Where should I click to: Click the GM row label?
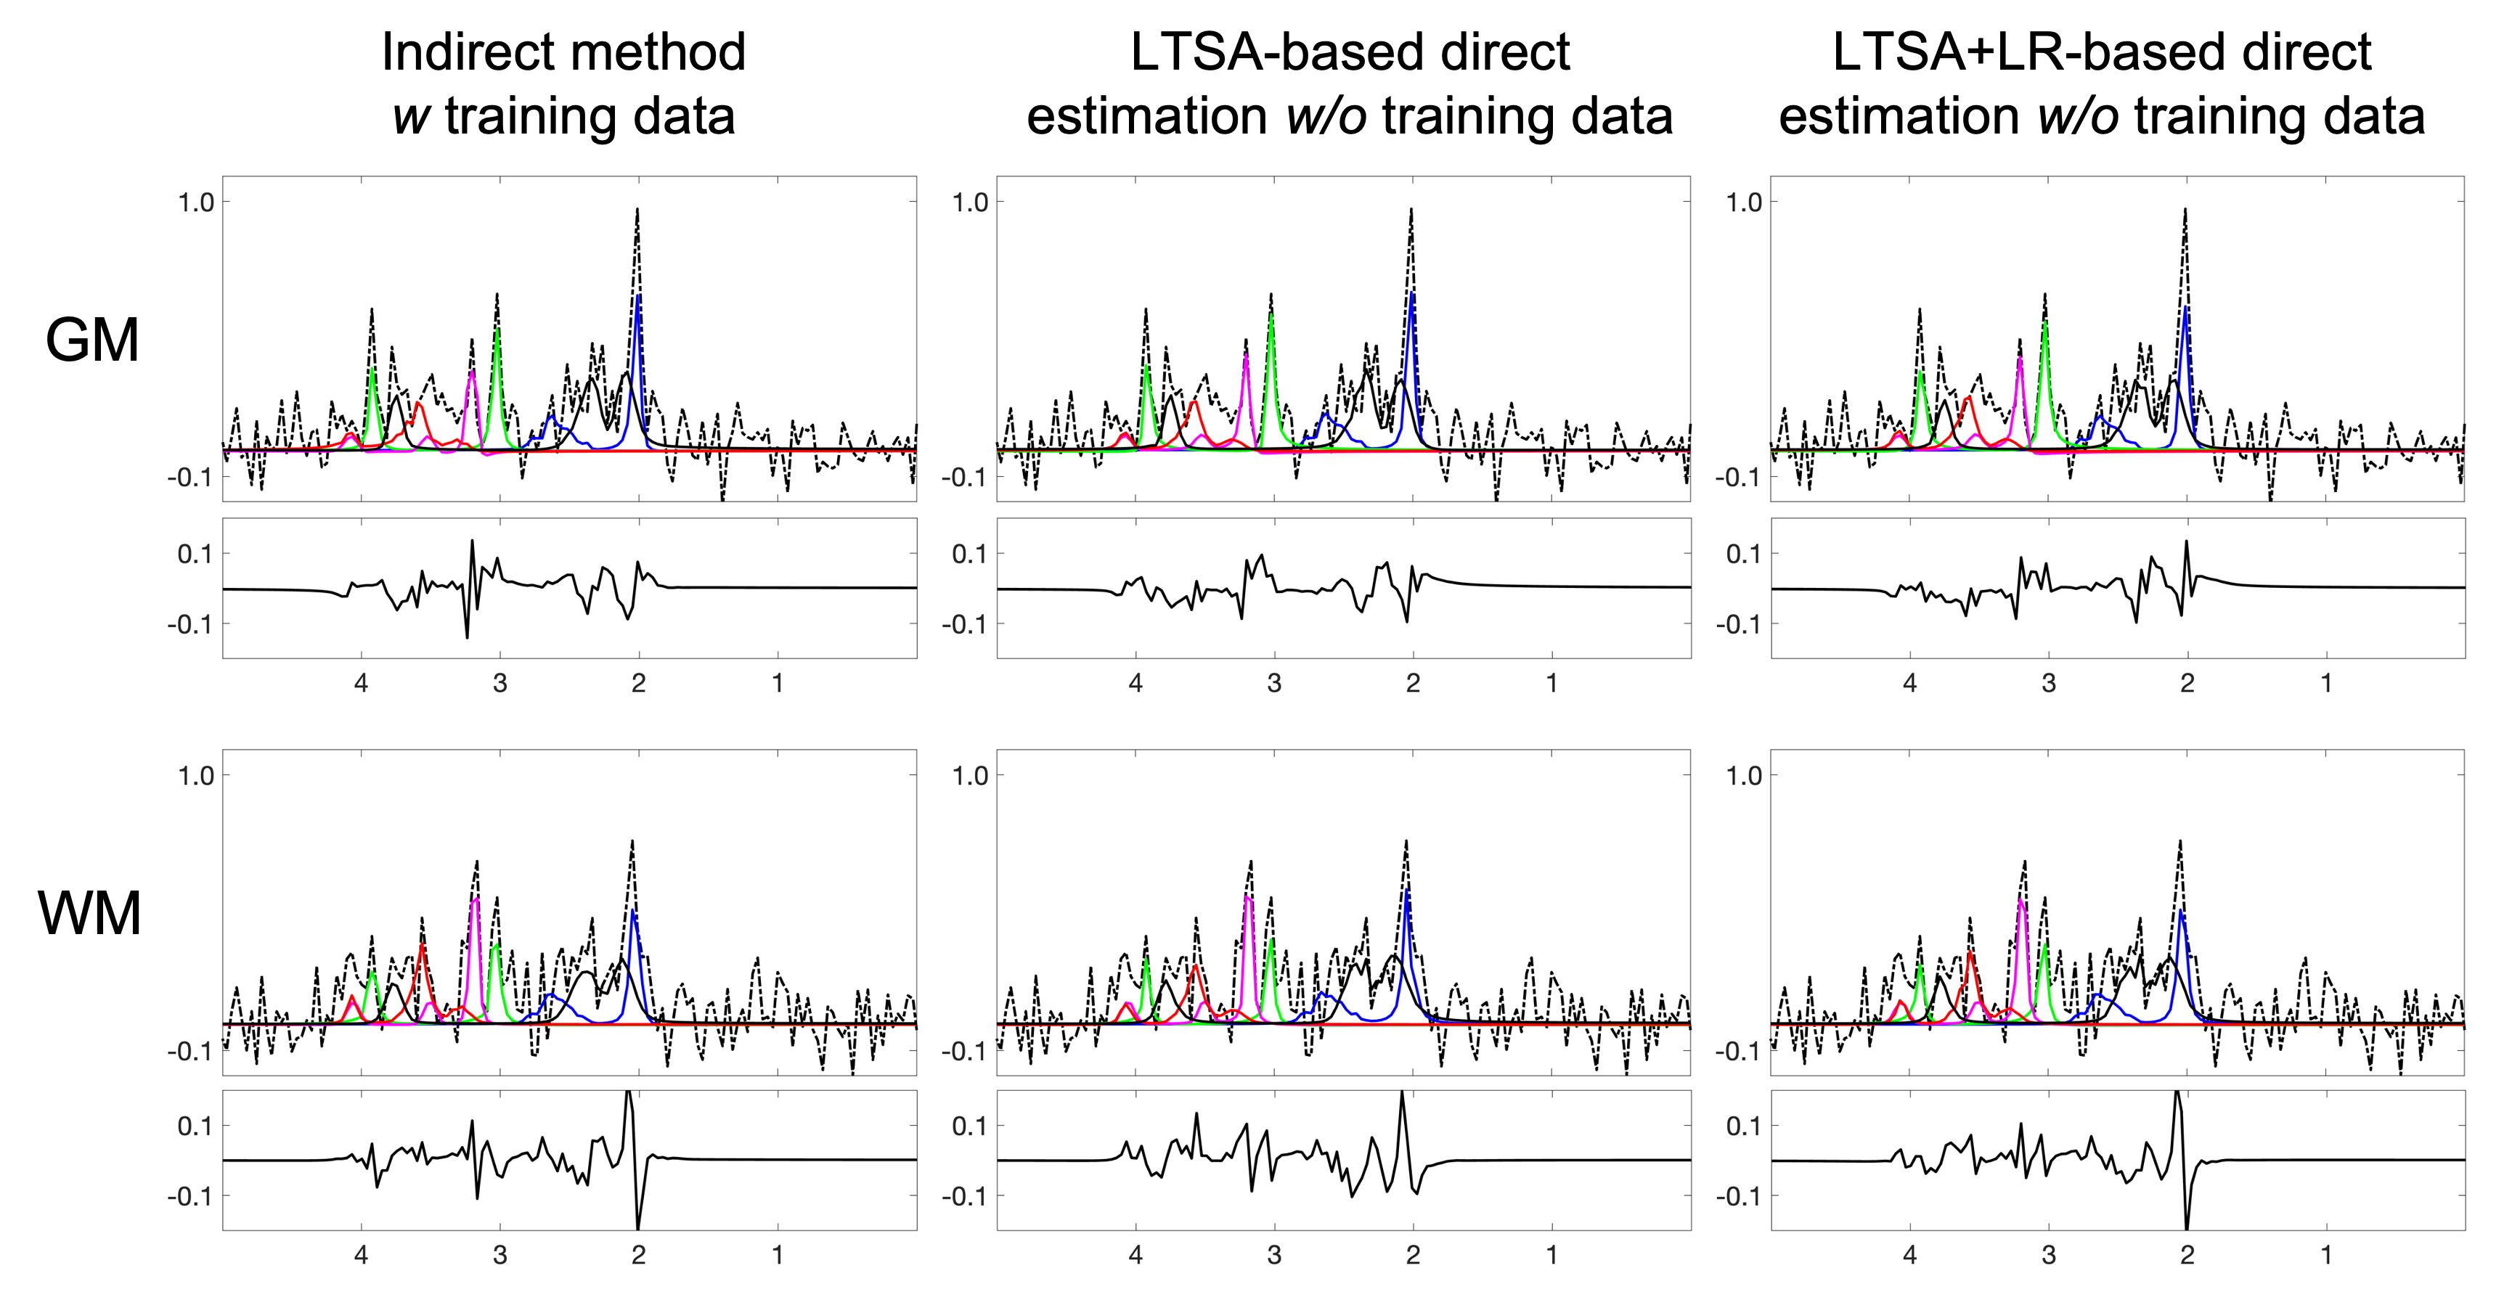coord(93,341)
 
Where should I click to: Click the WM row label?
coord(90,915)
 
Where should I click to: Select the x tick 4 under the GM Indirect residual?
coord(361,684)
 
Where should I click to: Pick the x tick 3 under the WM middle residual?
coord(1275,1255)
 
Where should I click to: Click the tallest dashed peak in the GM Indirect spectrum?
coord(637,209)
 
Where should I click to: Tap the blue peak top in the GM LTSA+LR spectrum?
coord(2185,308)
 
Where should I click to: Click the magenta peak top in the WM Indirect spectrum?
coord(475,899)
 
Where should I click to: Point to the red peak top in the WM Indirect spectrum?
coord(421,945)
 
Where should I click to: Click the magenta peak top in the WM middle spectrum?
coord(1248,897)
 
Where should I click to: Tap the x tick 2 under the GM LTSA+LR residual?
coord(2187,684)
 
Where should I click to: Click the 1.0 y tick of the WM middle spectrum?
coord(969,777)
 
